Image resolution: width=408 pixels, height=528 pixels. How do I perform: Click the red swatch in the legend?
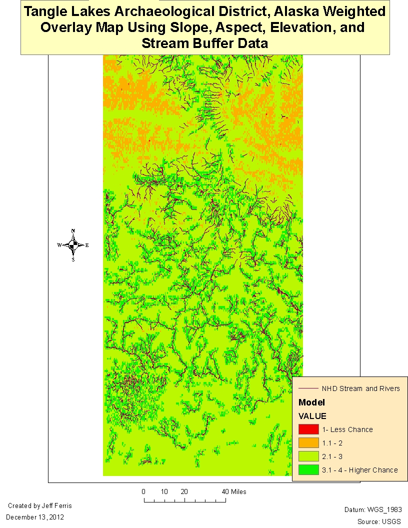point(308,429)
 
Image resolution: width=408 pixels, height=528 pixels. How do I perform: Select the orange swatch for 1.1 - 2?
point(308,442)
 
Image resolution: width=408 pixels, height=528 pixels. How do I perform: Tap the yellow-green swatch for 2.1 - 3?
point(308,456)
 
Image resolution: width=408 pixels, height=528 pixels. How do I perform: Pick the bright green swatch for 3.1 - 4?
point(308,469)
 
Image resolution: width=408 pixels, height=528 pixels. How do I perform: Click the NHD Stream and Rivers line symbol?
point(308,388)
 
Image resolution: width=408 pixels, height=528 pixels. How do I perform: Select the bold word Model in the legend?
point(311,402)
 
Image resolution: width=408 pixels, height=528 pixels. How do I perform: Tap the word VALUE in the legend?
point(312,416)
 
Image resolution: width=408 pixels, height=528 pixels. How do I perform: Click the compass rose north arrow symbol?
point(73,245)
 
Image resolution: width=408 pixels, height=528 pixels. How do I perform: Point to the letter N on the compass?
point(73,231)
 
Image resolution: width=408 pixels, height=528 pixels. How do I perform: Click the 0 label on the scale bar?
point(143,491)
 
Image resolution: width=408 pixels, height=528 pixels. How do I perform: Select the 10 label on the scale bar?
point(164,491)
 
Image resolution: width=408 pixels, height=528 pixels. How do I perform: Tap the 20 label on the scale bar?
point(184,491)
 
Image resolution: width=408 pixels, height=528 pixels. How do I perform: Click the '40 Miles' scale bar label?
point(234,491)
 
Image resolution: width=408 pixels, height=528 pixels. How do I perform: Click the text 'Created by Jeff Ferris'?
point(40,506)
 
